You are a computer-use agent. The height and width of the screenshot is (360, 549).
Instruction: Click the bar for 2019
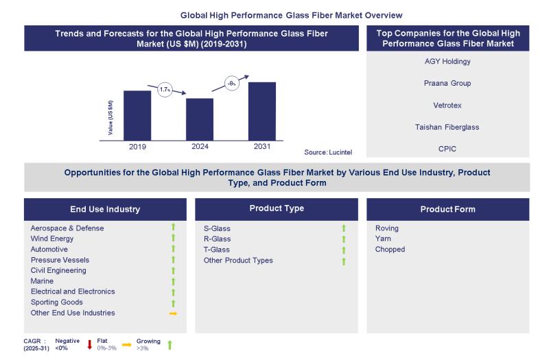(137, 114)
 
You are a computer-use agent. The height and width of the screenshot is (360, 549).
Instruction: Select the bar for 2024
(200, 118)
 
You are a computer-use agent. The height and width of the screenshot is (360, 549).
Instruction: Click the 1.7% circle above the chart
(165, 90)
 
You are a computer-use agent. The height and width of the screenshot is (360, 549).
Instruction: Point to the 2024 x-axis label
(200, 146)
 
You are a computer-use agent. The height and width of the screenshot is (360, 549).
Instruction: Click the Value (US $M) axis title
(110, 117)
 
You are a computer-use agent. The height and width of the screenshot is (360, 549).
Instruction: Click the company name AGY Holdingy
(447, 61)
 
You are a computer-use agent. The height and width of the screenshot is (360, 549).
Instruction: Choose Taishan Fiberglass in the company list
(447, 127)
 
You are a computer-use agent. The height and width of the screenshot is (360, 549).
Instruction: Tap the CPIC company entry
(447, 149)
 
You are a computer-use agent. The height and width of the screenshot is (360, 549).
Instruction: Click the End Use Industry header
(105, 209)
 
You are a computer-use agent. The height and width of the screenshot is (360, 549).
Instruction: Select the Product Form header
(447, 209)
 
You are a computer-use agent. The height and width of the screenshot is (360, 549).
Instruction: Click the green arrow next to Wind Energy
(173, 239)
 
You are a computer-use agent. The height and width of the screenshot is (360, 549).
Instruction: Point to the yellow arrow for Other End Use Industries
(173, 313)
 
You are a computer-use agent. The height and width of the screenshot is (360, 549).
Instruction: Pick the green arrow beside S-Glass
(344, 228)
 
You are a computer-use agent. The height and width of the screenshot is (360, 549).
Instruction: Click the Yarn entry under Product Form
(384, 239)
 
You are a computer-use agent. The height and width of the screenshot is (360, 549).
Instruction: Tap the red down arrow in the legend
(90, 344)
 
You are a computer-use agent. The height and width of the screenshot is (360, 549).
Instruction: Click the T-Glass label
(217, 250)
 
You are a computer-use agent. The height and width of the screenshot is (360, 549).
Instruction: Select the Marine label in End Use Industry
(43, 281)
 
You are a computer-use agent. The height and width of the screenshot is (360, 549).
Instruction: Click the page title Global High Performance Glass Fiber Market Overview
(292, 14)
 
